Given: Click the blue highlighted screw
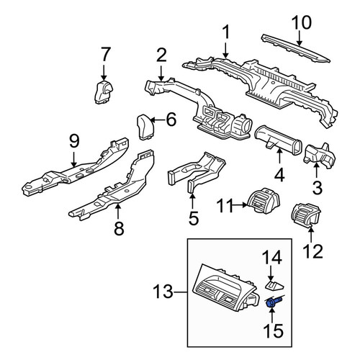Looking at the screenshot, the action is tap(274, 302).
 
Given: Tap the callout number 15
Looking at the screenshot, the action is tap(272, 330).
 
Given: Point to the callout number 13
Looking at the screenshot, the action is tap(163, 292).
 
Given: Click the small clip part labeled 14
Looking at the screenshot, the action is tap(274, 285).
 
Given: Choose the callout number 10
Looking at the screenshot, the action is tap(302, 22).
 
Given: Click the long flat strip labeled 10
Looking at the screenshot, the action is tap(295, 48).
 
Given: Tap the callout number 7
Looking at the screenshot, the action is tap(106, 55).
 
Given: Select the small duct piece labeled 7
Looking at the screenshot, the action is tap(104, 92).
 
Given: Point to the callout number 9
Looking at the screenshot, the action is tap(74, 142).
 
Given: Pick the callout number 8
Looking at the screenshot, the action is tap(119, 228).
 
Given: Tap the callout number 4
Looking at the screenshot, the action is tap(279, 175).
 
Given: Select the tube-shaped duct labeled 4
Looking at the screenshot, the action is tap(278, 140).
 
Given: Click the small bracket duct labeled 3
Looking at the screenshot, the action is tap(320, 156).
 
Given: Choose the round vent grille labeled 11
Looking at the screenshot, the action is tap(264, 200).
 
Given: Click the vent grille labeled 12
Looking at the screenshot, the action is tap(306, 215).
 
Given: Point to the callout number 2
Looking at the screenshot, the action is tap(161, 55).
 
